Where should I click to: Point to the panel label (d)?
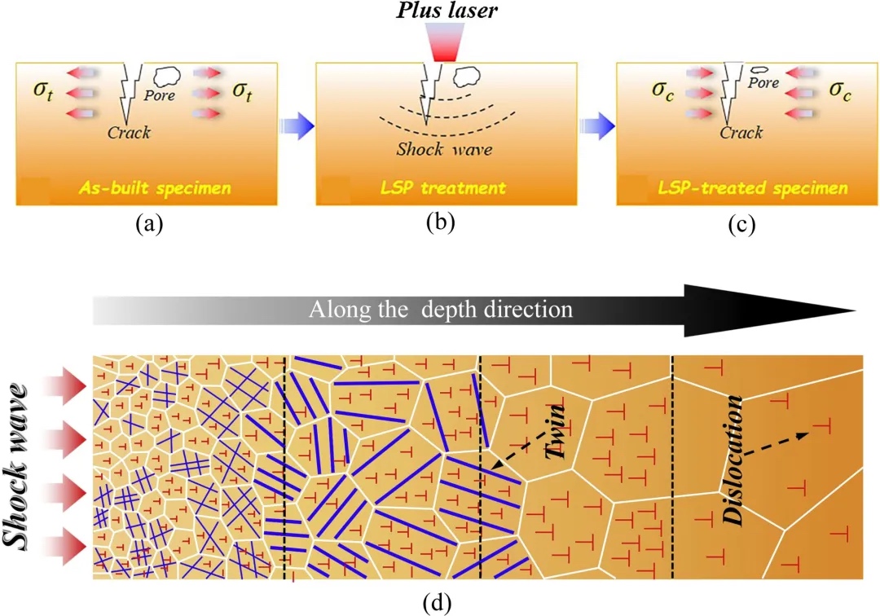point(440,604)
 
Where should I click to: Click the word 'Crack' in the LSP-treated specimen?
point(741,132)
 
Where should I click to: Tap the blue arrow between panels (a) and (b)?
point(295,125)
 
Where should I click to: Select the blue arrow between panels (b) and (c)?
point(594,125)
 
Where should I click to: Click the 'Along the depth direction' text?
point(440,310)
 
